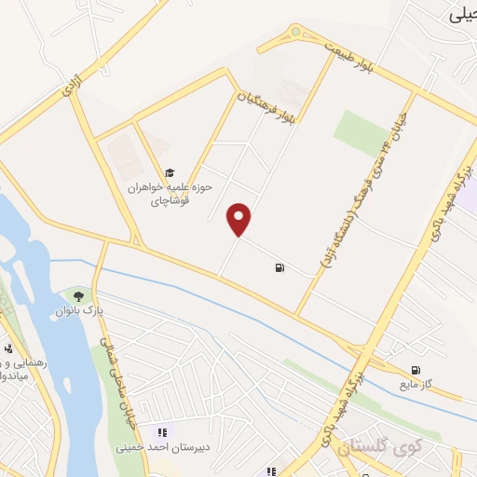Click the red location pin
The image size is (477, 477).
(240, 219)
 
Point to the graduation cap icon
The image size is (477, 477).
(170, 172)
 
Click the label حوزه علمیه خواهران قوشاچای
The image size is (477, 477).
(171, 192)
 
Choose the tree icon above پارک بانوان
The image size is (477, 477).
(89, 296)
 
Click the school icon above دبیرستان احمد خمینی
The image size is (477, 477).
(162, 430)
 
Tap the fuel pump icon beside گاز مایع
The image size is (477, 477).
(416, 370)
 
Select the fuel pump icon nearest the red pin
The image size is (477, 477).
(279, 268)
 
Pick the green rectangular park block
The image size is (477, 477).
(361, 132)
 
